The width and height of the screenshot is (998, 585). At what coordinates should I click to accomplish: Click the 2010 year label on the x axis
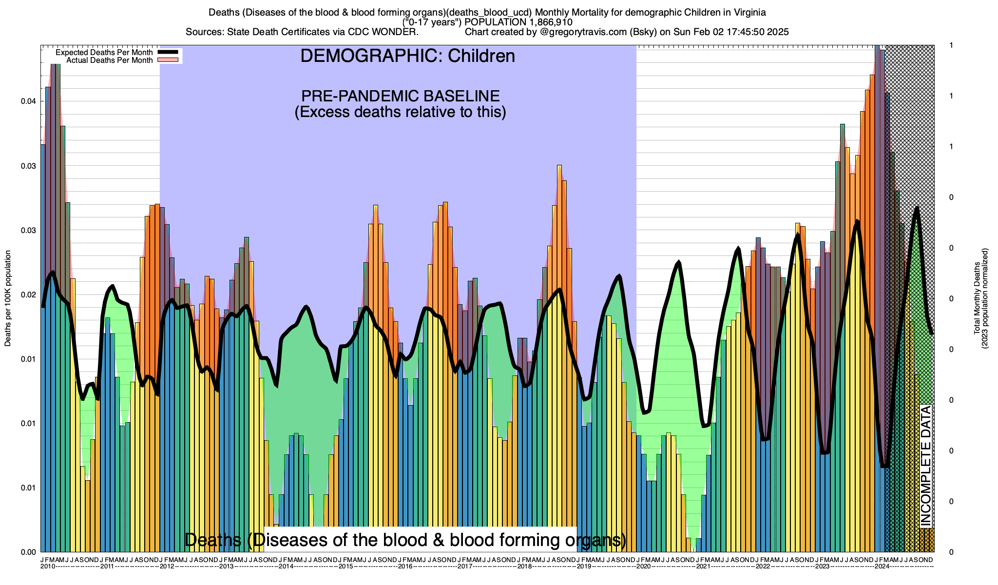(48, 566)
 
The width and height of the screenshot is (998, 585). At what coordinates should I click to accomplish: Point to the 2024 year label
(882, 566)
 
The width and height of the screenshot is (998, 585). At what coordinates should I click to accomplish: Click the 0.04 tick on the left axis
(29, 101)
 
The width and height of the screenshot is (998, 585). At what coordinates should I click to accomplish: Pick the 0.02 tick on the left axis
(29, 295)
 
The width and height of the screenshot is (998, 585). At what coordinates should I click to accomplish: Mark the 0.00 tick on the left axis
(29, 552)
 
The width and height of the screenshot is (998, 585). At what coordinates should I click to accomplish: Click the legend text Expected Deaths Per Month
(104, 53)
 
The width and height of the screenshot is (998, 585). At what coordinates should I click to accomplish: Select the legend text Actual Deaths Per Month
(109, 60)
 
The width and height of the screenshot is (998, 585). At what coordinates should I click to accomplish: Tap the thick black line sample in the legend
(170, 52)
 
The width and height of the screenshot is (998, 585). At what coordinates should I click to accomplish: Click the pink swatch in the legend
(170, 60)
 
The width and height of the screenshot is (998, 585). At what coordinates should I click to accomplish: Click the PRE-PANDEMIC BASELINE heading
(400, 96)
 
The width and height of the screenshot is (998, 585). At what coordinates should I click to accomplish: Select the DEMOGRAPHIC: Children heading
(407, 56)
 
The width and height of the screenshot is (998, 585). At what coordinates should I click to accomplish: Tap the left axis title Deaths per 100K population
(8, 298)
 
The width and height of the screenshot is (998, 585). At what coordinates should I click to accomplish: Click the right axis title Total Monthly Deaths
(977, 298)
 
